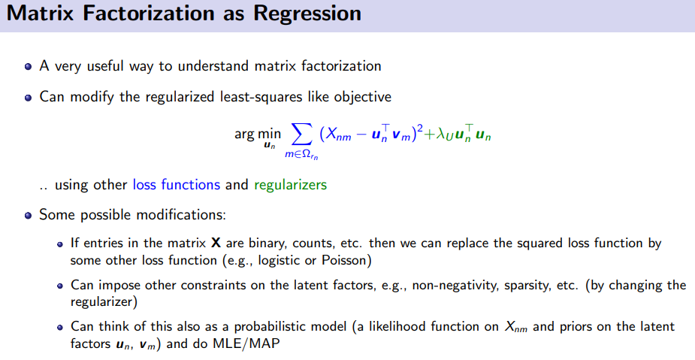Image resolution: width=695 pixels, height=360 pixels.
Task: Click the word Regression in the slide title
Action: pos(307,14)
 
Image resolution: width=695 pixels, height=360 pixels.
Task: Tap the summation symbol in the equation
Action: pos(301,134)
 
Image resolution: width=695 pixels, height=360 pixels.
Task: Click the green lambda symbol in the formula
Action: pos(440,134)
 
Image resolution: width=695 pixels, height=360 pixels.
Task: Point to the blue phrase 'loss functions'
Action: pos(177,184)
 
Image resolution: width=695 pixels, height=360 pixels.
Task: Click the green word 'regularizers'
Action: pos(290,185)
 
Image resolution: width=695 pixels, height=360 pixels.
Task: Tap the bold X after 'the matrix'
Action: pos(216,243)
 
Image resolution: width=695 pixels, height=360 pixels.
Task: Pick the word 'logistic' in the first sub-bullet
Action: pos(280,260)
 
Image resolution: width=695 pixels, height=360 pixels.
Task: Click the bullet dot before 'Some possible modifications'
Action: pos(29,216)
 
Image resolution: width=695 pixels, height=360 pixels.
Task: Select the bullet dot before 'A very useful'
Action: pos(29,66)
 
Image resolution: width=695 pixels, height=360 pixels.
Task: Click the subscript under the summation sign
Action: pos(301,155)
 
